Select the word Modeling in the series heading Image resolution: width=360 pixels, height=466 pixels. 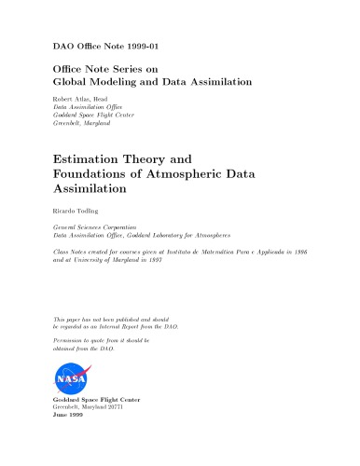pyautogui.click(x=125, y=82)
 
